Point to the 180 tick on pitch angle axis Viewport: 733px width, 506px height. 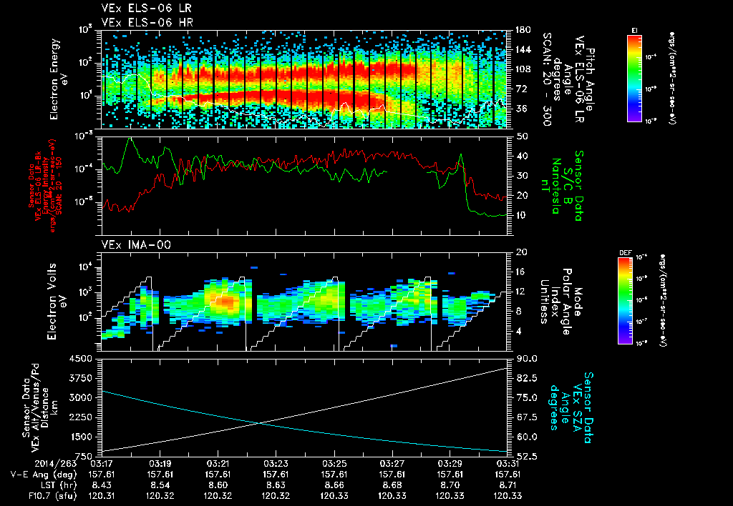point(523,30)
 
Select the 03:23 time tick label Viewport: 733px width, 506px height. point(276,464)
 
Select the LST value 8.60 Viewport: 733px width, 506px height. point(218,484)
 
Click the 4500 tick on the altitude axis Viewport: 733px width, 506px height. point(84,359)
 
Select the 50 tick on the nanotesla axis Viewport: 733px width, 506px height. point(522,136)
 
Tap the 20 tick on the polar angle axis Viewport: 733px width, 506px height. point(522,252)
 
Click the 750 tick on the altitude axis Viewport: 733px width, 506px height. point(87,456)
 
